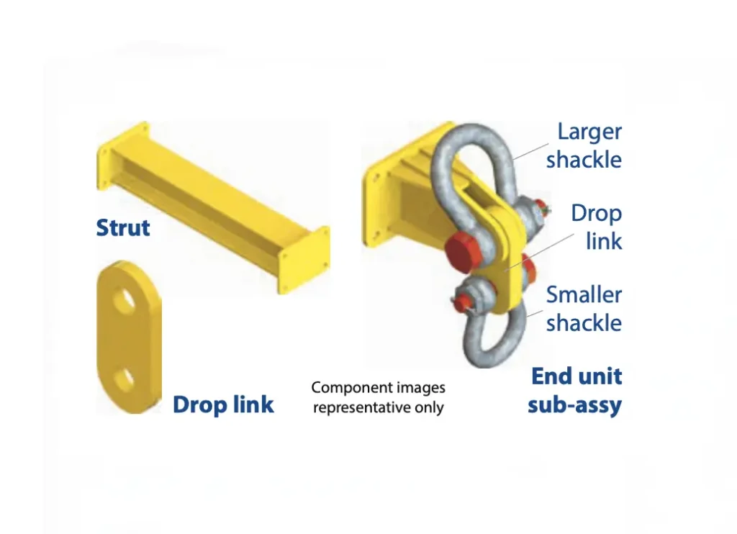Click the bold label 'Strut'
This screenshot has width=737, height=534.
[x=123, y=228]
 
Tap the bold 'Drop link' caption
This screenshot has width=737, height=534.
[x=223, y=404]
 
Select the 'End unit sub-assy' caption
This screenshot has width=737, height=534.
[x=576, y=390]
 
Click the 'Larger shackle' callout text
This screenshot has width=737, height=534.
[x=584, y=145]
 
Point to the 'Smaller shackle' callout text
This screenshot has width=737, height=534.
[x=584, y=308]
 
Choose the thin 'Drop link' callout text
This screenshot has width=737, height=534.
[x=597, y=227]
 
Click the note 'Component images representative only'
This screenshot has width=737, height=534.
[x=379, y=397]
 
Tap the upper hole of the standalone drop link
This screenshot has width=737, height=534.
[x=124, y=301]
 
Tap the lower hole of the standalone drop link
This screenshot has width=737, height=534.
[x=125, y=379]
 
